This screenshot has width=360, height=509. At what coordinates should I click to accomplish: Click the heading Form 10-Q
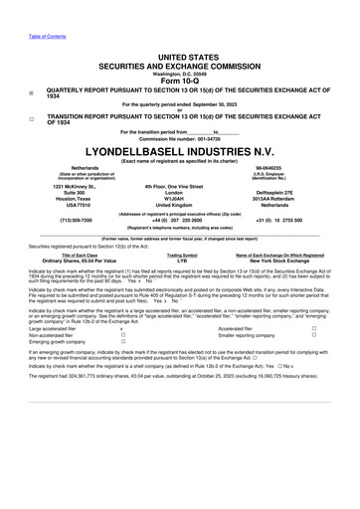click(180, 80)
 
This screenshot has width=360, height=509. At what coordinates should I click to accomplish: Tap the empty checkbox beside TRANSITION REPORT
click(32, 118)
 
